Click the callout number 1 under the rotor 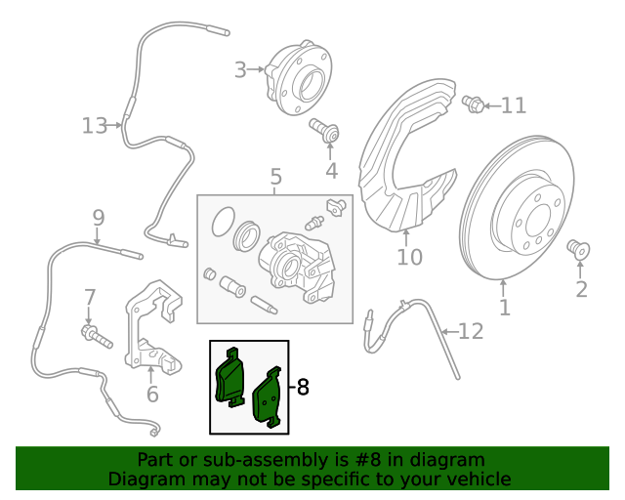(505, 310)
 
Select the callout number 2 (582, 289)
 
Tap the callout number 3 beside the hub (240, 69)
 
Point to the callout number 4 (331, 172)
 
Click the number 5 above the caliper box (275, 177)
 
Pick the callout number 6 (152, 395)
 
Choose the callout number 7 (90, 297)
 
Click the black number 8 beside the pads (302, 388)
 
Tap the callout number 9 (98, 217)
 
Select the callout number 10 (409, 258)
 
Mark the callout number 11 (514, 105)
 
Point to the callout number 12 (471, 332)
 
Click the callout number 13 (94, 125)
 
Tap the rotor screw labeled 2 (578, 250)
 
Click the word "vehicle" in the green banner (472, 479)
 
